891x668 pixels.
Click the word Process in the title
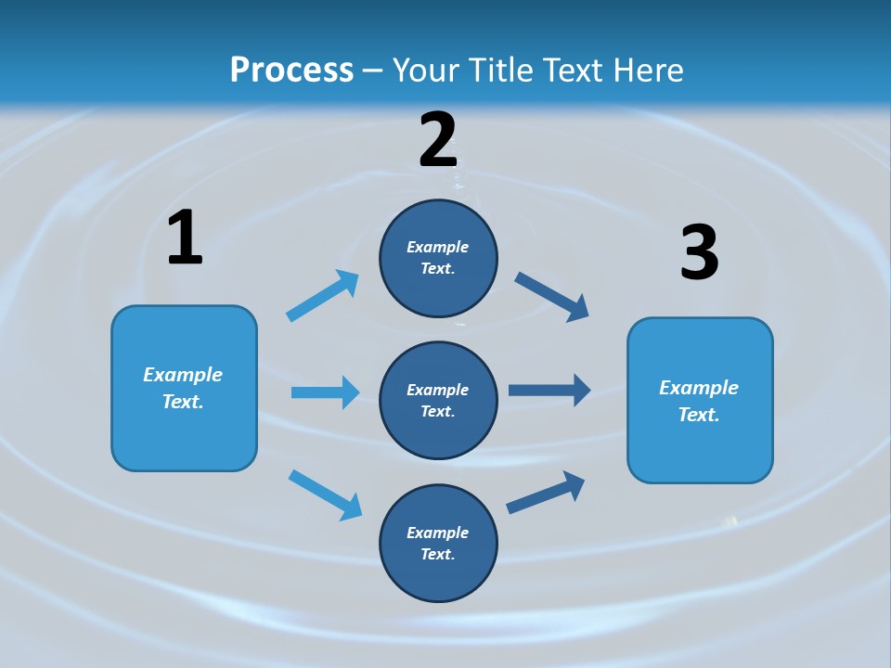291,71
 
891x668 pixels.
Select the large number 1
185,238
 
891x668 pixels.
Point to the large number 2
438,140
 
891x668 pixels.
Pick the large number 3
699,253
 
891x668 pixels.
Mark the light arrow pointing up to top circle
323,296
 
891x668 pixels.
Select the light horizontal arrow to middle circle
325,392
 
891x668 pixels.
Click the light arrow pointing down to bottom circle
325,495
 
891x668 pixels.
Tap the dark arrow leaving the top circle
552,297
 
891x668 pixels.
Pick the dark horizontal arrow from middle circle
549,390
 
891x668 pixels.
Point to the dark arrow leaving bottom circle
547,492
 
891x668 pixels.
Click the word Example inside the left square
183,375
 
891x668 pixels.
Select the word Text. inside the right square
699,415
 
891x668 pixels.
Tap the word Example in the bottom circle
438,533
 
